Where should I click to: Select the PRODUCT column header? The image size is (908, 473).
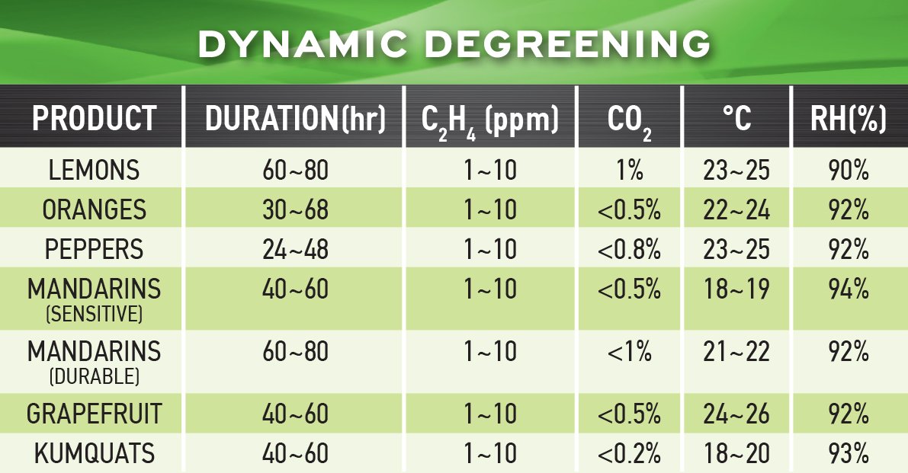95,119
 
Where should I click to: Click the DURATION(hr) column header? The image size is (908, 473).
296,119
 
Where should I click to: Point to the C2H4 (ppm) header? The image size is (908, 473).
489,120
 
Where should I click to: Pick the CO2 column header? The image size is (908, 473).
629,120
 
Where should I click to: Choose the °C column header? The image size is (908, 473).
736,119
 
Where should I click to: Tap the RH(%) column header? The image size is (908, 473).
849,119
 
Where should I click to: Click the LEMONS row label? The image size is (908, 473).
95,170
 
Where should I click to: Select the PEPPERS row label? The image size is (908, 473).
95,249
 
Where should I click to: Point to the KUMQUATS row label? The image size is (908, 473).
95,454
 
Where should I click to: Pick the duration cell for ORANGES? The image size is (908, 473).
294,209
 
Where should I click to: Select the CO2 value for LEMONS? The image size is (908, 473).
629,170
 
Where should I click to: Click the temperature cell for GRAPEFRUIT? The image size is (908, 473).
736,414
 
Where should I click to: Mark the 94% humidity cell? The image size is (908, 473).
849,289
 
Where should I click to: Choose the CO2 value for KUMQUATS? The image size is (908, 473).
629,454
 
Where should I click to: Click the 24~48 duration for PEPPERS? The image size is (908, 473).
294,249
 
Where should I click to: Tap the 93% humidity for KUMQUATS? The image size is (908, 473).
849,454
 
